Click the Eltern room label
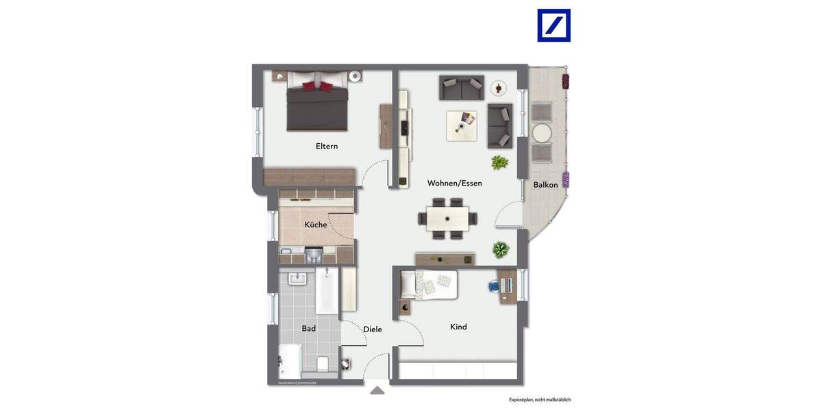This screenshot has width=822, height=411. [327, 146]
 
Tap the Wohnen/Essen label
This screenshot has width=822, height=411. [454, 183]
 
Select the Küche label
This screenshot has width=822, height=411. [316, 225]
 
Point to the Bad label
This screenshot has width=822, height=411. [309, 329]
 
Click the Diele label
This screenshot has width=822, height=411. [373, 329]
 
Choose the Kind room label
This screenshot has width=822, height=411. [458, 327]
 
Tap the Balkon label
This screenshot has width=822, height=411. [545, 184]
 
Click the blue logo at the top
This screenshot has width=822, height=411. [553, 25]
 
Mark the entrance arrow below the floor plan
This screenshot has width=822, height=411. [377, 390]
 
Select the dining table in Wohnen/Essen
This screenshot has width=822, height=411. [447, 219]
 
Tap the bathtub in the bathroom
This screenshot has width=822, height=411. [327, 292]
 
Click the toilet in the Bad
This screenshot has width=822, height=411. [324, 362]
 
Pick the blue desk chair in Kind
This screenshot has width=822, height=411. [494, 286]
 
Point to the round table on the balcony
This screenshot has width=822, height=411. [542, 132]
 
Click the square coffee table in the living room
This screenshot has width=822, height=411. [462, 125]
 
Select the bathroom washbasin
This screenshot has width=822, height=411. [297, 279]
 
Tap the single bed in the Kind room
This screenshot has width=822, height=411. [429, 284]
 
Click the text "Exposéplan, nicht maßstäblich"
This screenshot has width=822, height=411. [540, 399]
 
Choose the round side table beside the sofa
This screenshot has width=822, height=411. [498, 88]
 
